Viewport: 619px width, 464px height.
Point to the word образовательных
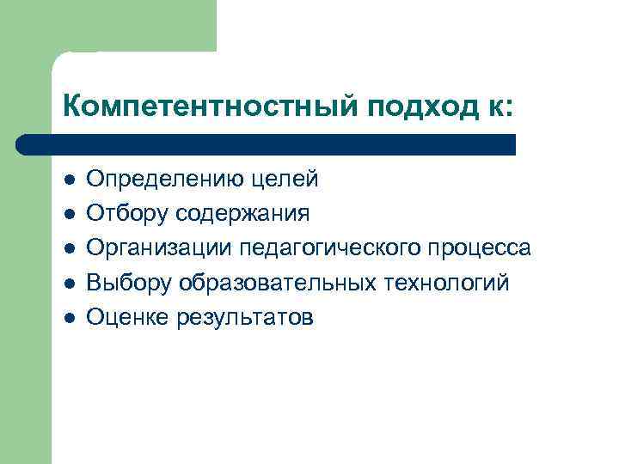(275, 283)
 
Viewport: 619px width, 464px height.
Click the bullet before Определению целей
(70, 180)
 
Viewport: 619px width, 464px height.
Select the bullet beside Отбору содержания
(70, 215)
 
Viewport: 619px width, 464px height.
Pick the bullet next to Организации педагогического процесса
(70, 249)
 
